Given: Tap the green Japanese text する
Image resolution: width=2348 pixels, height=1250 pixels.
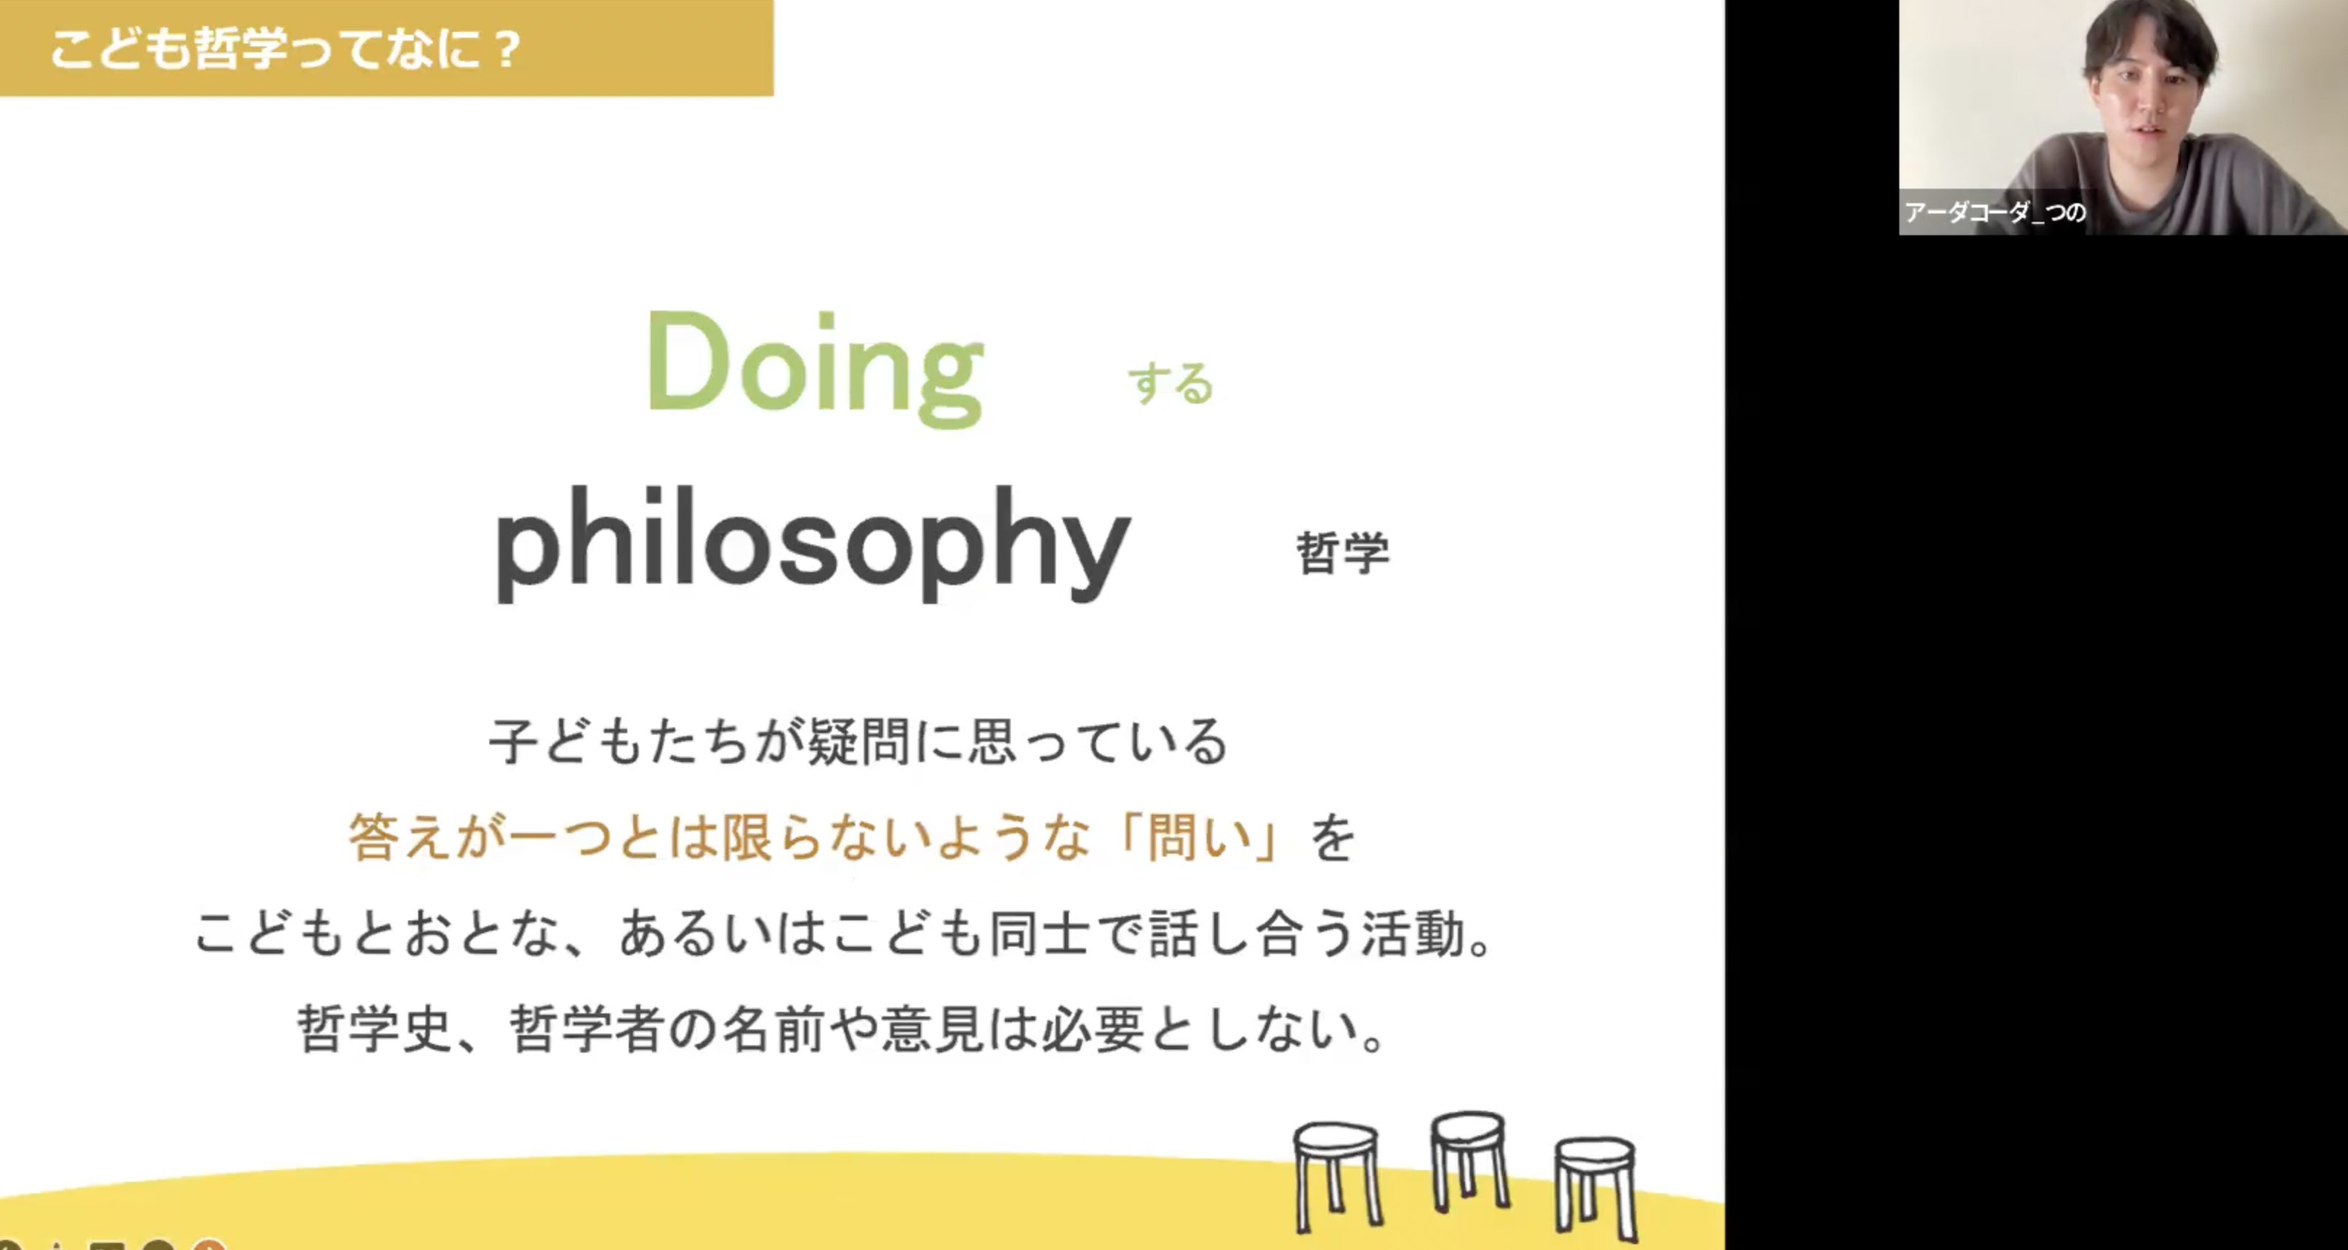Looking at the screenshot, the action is click(x=1171, y=383).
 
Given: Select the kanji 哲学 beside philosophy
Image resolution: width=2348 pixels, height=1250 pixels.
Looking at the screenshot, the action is click(x=1342, y=552).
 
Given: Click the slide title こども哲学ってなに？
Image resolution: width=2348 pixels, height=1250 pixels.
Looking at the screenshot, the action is click(x=285, y=49).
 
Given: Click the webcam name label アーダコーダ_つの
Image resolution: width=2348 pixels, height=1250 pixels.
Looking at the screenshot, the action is click(x=1994, y=212).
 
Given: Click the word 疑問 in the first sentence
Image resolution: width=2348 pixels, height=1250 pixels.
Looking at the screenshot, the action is click(x=860, y=740).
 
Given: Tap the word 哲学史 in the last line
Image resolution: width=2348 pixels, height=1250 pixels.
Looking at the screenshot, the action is click(x=375, y=1029).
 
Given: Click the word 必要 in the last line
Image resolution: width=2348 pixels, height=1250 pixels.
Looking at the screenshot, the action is click(x=1093, y=1029).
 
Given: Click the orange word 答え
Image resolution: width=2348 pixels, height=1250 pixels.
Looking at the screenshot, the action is click(x=400, y=836).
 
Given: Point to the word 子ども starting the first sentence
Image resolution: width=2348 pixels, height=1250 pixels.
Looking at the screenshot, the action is click(x=568, y=740).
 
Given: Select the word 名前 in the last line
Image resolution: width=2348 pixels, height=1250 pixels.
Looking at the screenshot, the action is click(x=774, y=1029).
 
